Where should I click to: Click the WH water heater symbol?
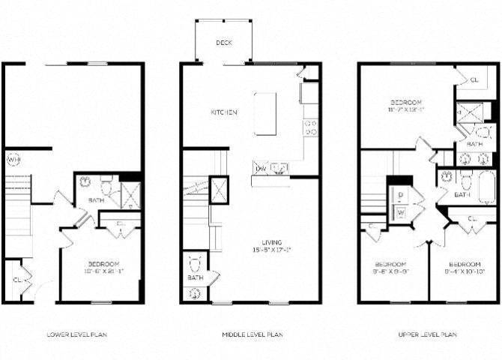pyautogui.click(x=13, y=159)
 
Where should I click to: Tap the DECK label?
pyautogui.click(x=223, y=43)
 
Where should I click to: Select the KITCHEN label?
pyautogui.click(x=223, y=112)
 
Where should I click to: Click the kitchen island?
pyautogui.click(x=264, y=114)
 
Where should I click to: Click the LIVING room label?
pyautogui.click(x=272, y=241)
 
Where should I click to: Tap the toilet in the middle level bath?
pyautogui.click(x=194, y=264)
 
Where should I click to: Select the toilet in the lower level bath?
pyautogui.click(x=106, y=184)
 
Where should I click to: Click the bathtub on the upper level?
pyautogui.click(x=485, y=188)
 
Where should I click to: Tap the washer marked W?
pyautogui.click(x=401, y=212)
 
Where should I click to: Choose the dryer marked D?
pyautogui.click(x=401, y=194)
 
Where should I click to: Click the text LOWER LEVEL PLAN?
pyautogui.click(x=76, y=334)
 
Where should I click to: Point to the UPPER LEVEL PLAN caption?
pyautogui.click(x=427, y=334)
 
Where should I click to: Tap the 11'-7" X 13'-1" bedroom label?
pyautogui.click(x=405, y=109)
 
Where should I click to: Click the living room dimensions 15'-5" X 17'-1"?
pyautogui.click(x=271, y=250)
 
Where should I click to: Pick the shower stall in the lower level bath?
pyautogui.click(x=130, y=194)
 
